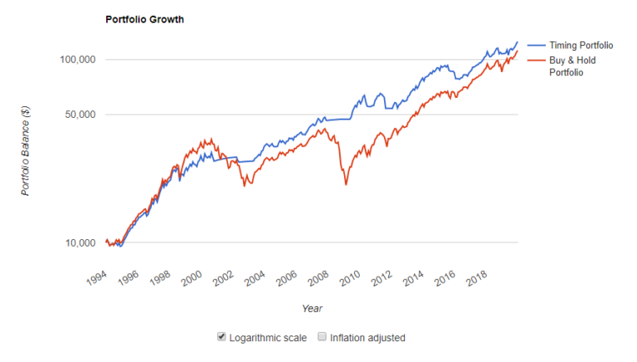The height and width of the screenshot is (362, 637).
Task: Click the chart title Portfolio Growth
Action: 144,19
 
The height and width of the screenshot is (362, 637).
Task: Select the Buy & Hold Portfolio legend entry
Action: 572,66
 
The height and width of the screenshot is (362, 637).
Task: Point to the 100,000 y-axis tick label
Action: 76,60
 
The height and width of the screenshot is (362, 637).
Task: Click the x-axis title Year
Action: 313,308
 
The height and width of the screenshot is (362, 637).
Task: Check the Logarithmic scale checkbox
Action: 221,337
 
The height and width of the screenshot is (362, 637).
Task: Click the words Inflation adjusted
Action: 367,338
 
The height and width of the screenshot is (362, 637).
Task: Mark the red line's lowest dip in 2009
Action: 345,184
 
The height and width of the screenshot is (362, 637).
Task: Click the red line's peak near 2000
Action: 212,139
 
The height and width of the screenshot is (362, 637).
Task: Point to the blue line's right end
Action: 518,42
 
